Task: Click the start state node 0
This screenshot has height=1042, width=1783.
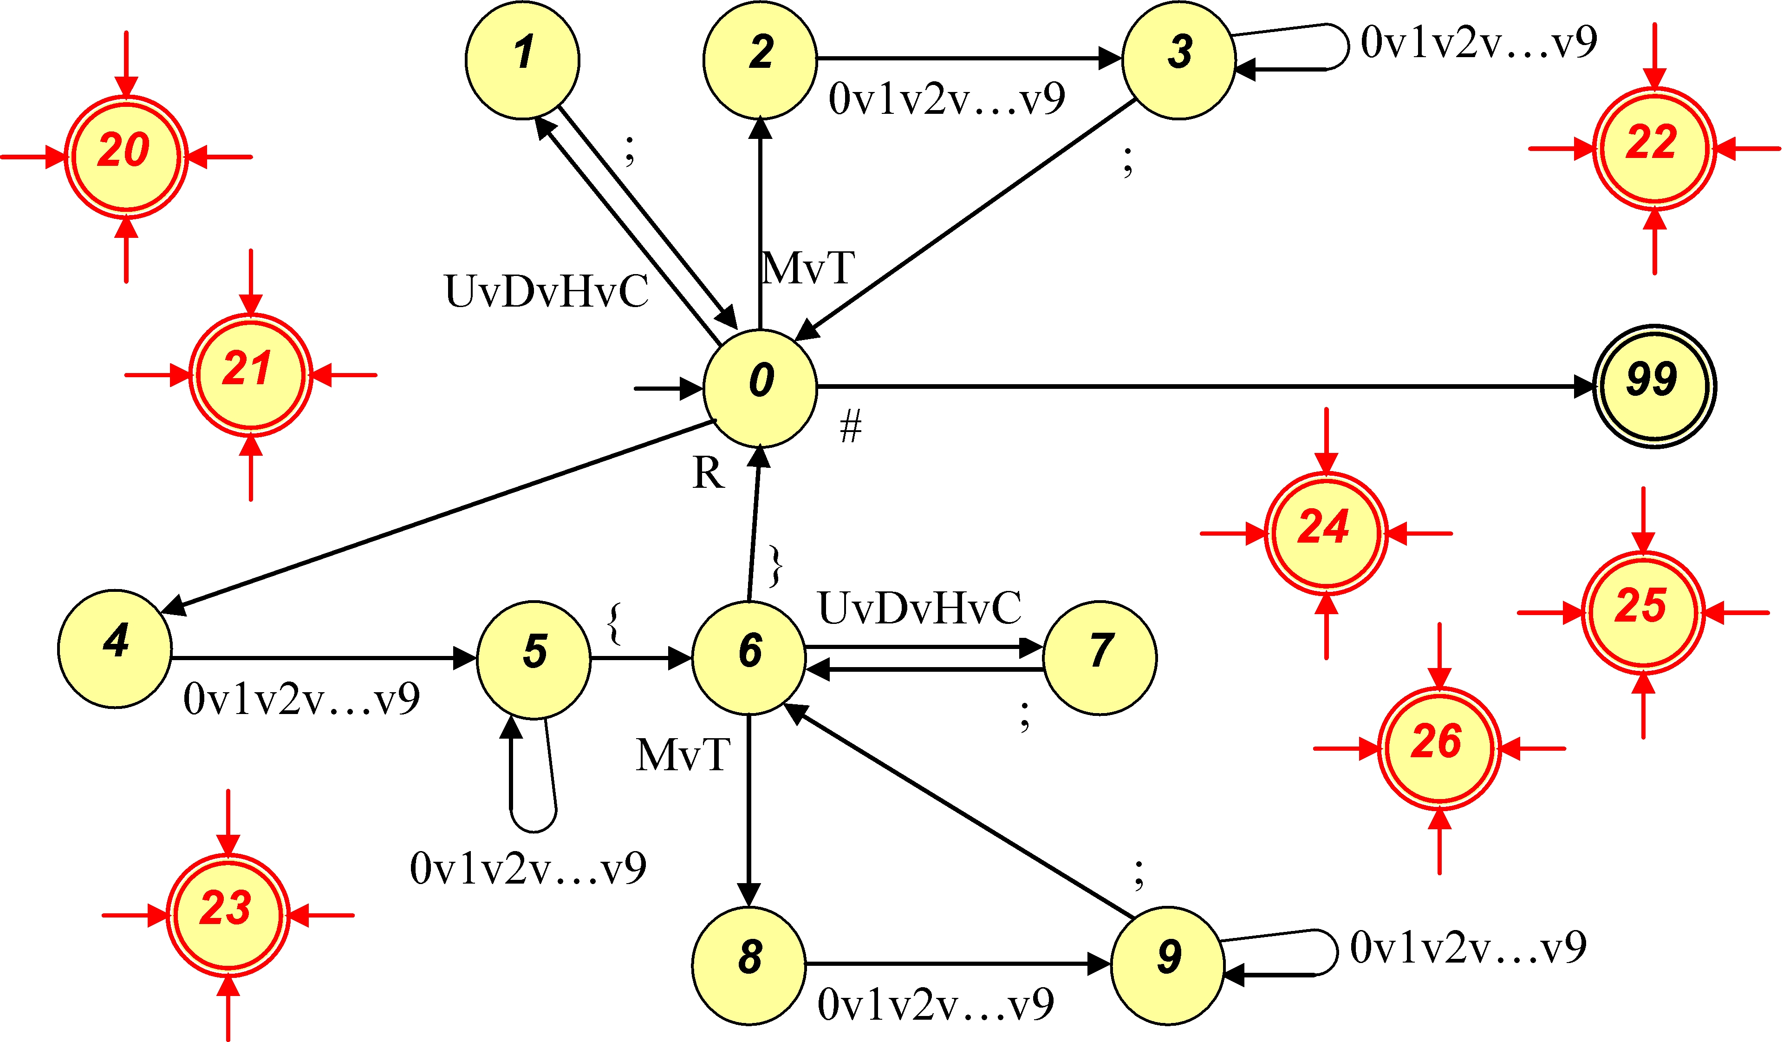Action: (x=760, y=388)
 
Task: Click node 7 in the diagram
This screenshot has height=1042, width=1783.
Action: (x=1100, y=658)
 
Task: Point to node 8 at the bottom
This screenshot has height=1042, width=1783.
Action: (x=748, y=964)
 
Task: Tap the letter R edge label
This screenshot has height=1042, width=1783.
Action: (x=708, y=473)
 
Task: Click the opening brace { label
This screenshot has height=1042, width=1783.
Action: (x=614, y=623)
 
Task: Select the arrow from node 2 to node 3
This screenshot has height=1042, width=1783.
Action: (x=970, y=58)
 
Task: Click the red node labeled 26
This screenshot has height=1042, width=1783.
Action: (x=1439, y=748)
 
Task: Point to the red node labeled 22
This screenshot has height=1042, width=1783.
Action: (x=1654, y=149)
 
